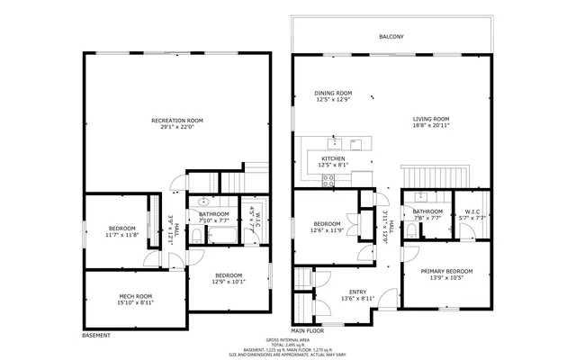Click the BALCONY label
click(x=391, y=37)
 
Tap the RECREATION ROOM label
click(x=176, y=120)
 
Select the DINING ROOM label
click(x=332, y=93)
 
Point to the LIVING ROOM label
click(x=431, y=119)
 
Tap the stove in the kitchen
click(x=329, y=178)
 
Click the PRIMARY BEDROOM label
click(x=447, y=271)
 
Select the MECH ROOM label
click(x=136, y=296)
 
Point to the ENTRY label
click(x=357, y=291)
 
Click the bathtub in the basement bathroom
click(x=220, y=236)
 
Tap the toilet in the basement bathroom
click(x=203, y=202)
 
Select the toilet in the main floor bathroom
click(x=409, y=230)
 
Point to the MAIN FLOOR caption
click(x=307, y=330)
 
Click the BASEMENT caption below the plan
click(x=96, y=336)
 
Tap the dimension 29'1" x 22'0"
click(x=176, y=127)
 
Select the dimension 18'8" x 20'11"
click(x=431, y=126)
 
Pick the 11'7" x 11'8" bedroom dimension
click(x=122, y=235)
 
